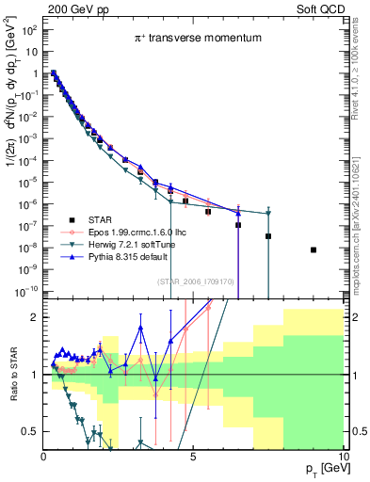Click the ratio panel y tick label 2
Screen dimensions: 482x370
pyautogui.click(x=34, y=317)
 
